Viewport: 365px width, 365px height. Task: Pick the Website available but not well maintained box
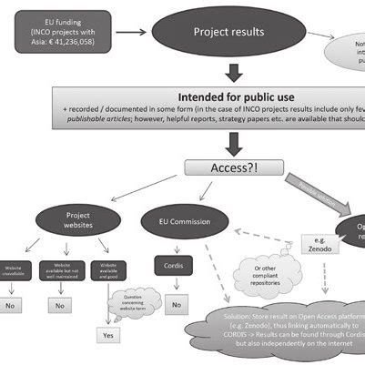(x=61, y=270)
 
